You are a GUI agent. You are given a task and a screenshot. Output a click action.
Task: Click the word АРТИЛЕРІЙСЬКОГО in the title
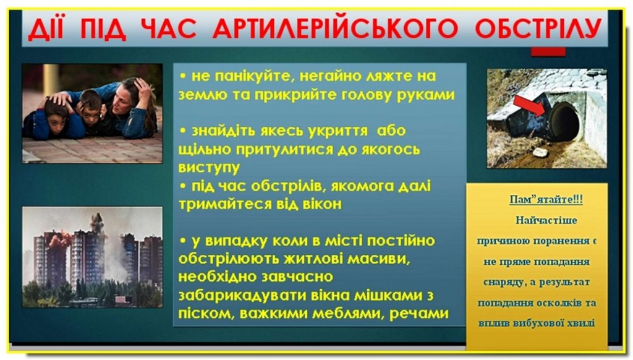point(335,28)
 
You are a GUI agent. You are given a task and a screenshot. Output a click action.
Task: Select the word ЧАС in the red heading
point(169,28)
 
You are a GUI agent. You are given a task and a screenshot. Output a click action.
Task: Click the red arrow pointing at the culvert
point(530,106)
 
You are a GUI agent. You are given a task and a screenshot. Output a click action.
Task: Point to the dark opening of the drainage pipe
point(564,122)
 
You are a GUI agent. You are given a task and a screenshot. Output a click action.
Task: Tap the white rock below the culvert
point(540,152)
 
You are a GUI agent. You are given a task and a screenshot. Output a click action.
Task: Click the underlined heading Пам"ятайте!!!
point(546,199)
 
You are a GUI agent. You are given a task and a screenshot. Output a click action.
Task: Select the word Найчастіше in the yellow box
point(546,221)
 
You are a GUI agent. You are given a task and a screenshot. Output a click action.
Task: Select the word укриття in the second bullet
point(338,131)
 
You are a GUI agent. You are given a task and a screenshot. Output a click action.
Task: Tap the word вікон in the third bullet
point(321,204)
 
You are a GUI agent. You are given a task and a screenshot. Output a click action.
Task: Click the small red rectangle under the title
point(548,51)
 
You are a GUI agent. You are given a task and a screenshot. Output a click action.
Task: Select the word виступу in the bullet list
point(209,167)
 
